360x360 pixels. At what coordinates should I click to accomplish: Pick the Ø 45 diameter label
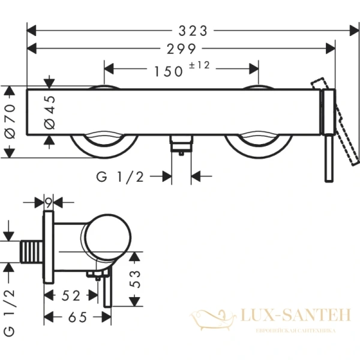[50, 111]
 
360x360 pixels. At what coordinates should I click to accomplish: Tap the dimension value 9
[49, 203]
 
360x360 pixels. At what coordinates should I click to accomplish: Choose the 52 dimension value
[70, 295]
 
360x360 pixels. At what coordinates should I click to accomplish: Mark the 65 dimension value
[75, 316]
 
